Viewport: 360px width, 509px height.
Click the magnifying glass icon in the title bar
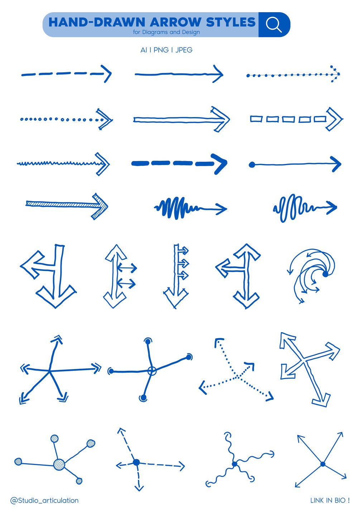pos(274,25)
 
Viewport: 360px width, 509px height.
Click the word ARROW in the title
pos(175,22)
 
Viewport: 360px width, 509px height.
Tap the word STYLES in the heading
pos(231,22)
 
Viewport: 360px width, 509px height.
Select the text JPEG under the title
pos(184,50)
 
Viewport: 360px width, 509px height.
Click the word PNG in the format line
pos(161,50)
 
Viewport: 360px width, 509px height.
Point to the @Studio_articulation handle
pos(44,500)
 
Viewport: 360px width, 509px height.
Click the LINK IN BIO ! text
pos(330,500)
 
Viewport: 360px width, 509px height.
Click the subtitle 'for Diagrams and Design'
pos(167,32)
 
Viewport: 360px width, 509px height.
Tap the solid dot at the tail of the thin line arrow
pos(252,165)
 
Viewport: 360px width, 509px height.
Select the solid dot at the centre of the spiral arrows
pos(325,274)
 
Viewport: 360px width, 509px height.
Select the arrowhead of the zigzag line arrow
pos(103,164)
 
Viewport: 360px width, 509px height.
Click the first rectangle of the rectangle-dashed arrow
pos(256,119)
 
